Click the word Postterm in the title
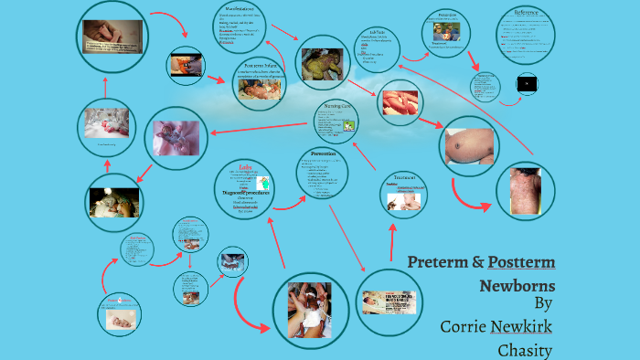click(x=521, y=263)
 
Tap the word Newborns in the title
click(x=517, y=285)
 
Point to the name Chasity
click(x=526, y=350)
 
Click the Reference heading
click(x=525, y=14)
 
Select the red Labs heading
click(x=245, y=167)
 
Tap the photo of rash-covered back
click(x=527, y=191)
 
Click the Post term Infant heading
click(x=257, y=66)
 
